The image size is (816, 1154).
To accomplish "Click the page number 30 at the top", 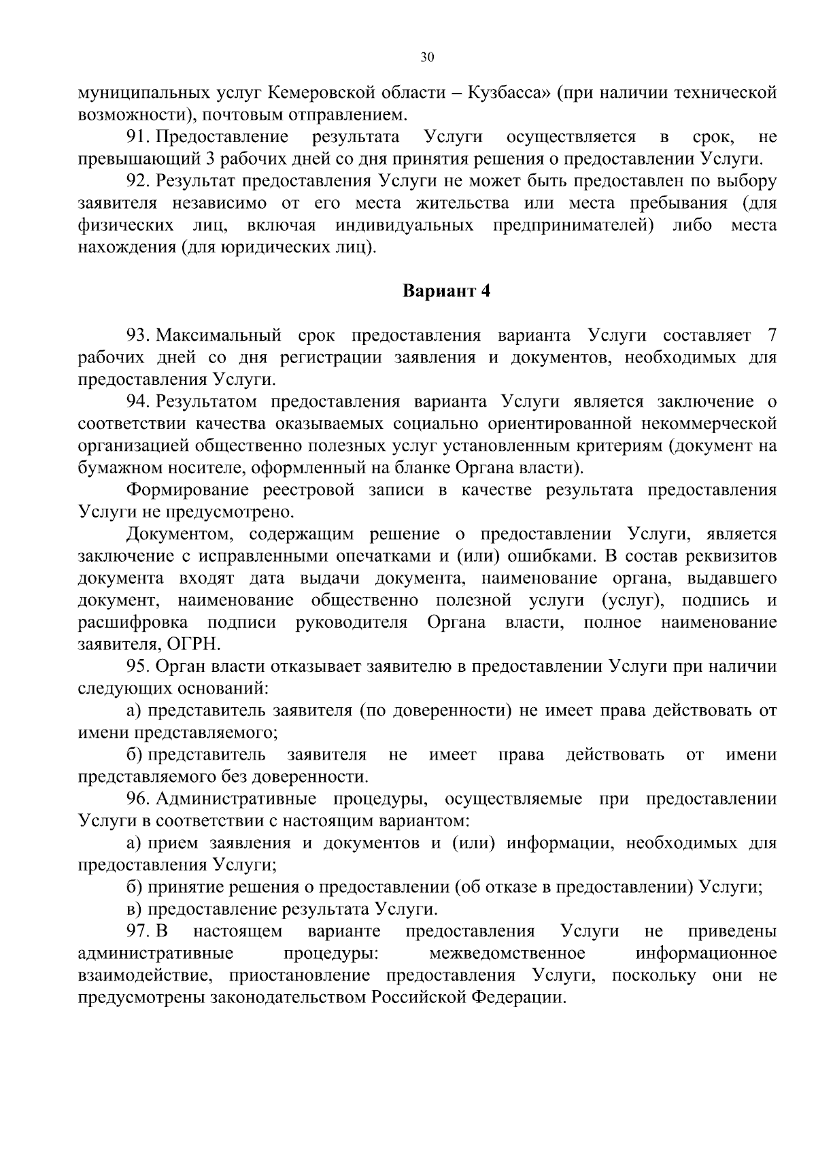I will (426, 57).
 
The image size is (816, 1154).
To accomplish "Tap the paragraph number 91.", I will (137, 137).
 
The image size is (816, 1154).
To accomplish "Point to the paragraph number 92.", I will (137, 182).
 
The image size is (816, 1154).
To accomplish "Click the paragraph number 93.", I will (137, 336).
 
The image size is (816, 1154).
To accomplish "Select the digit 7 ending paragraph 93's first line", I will (770, 336).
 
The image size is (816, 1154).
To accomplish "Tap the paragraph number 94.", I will (137, 402).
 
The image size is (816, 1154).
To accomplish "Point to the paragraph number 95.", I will (137, 666).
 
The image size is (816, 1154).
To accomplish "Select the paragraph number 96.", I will (137, 799).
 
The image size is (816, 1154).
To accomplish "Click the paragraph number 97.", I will (137, 932).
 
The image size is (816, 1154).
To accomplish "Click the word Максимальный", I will (218, 336).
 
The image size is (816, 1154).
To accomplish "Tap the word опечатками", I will (381, 557).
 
